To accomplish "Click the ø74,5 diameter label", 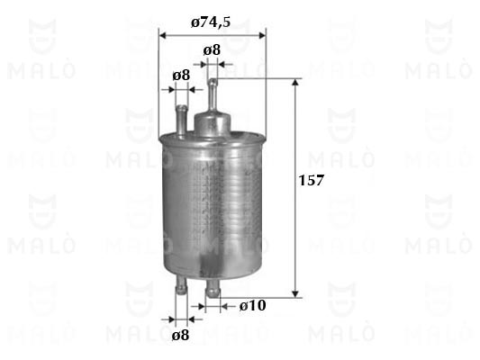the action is [x=211, y=22].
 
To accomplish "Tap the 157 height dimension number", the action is [x=311, y=181].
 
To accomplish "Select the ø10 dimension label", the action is [x=252, y=305].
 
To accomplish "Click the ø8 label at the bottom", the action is [x=180, y=335].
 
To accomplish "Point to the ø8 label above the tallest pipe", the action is [x=212, y=49].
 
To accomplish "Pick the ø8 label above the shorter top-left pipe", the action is [x=181, y=75].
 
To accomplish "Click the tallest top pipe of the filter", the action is [x=213, y=95].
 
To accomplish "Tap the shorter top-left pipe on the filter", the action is [x=182, y=121].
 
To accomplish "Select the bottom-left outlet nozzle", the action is [x=181, y=285].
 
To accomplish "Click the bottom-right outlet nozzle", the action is [x=213, y=287].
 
